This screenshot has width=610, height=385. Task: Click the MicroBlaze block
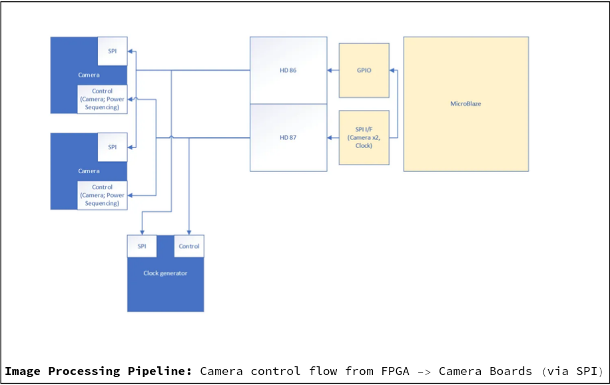(465, 103)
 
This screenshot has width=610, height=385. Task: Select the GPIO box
(364, 70)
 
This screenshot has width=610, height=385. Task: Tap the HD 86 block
(288, 70)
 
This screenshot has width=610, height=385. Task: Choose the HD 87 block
(288, 137)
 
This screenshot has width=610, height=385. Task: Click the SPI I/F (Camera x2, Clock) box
(364, 137)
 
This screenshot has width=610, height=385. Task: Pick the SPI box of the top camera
(112, 51)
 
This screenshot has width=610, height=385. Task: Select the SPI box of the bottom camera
(112, 147)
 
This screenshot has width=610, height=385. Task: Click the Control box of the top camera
(102, 99)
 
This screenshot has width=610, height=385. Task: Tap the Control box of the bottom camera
(102, 195)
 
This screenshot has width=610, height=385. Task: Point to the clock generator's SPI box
(142, 246)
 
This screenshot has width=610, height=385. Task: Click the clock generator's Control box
(189, 246)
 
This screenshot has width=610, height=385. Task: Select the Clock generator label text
(165, 273)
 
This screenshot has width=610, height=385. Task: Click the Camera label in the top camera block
(89, 75)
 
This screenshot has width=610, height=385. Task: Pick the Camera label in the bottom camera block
(89, 171)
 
